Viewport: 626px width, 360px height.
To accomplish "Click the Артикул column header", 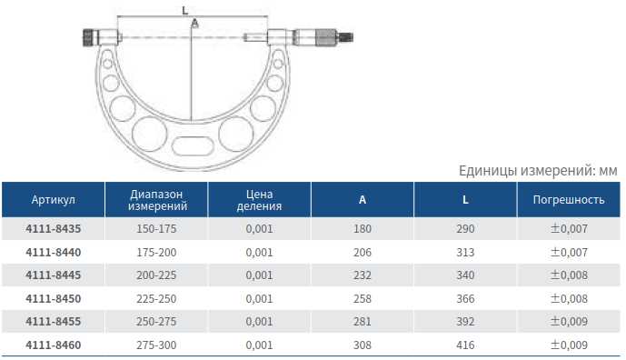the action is (x=53, y=200).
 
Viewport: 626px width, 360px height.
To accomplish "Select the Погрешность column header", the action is (x=569, y=200).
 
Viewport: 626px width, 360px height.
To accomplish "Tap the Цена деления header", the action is (x=259, y=200).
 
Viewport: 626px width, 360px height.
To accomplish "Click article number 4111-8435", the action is (x=53, y=229).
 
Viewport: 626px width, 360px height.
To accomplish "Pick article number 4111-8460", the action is (x=53, y=345).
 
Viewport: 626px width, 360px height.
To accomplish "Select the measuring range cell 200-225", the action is (x=156, y=275).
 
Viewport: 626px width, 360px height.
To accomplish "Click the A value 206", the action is (x=363, y=253).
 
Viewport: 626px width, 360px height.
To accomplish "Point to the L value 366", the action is (x=465, y=299).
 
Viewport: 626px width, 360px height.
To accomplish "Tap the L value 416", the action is (x=465, y=345).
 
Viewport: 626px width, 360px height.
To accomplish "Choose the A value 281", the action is (x=363, y=322).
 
